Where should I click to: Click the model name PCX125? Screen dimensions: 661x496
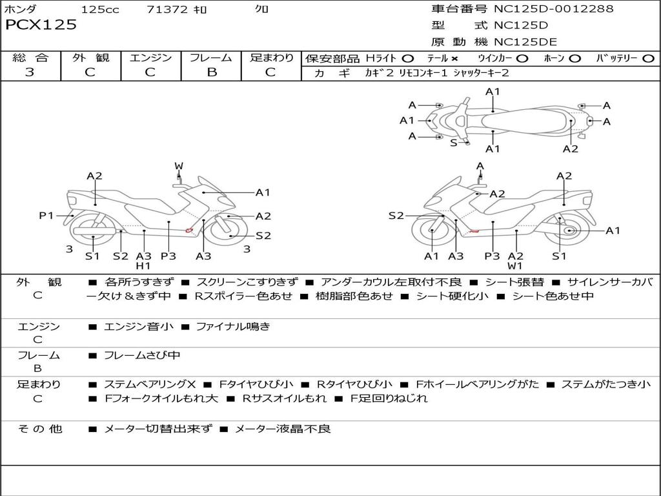41,25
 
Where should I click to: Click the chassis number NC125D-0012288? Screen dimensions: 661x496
553,8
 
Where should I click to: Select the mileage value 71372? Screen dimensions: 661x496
167,9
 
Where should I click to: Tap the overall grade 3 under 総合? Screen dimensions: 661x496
30,72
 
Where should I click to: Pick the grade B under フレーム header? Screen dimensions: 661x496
212,72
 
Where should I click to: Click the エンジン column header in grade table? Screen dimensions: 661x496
150,57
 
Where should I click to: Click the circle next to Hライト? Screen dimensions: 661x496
408,59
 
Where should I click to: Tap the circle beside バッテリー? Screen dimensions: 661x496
648,59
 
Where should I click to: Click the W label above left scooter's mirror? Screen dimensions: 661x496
179,166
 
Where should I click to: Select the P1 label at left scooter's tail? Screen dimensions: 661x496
46,216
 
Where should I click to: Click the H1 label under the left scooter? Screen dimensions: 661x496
143,265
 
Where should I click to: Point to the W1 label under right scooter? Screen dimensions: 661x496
514,265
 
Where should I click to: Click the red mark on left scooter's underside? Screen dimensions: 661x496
189,231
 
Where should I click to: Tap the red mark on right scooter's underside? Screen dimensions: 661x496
474,231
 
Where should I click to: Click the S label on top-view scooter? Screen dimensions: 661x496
454,143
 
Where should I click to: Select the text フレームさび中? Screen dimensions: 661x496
142,356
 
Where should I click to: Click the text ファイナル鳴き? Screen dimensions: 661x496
233,326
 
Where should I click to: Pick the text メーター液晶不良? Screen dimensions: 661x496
283,429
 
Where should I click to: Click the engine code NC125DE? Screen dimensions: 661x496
525,42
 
